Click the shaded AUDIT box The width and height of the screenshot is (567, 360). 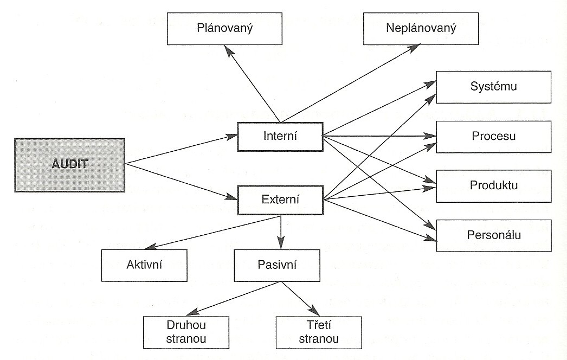coord(70,165)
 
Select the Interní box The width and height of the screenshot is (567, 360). coord(280,137)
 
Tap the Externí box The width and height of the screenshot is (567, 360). coord(280,200)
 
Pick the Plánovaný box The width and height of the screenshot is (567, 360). coord(224,29)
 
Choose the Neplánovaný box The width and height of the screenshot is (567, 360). coord(421,29)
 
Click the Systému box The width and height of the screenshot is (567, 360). coord(494,87)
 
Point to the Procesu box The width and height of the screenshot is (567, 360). coord(494,137)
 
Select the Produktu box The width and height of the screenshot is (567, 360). coord(494,186)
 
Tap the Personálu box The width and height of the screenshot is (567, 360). coord(494,235)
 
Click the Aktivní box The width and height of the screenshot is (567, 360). coord(144,265)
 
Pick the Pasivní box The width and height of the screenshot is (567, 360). coord(277,265)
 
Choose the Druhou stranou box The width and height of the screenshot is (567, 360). coord(186,332)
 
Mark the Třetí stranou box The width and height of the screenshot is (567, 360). coord(319,332)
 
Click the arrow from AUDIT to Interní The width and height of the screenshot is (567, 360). coord(182,150)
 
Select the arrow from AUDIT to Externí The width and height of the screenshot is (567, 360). coord(182,181)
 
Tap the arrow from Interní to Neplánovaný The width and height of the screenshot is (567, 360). coord(350,83)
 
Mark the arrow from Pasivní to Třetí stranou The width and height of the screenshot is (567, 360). coord(301,299)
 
